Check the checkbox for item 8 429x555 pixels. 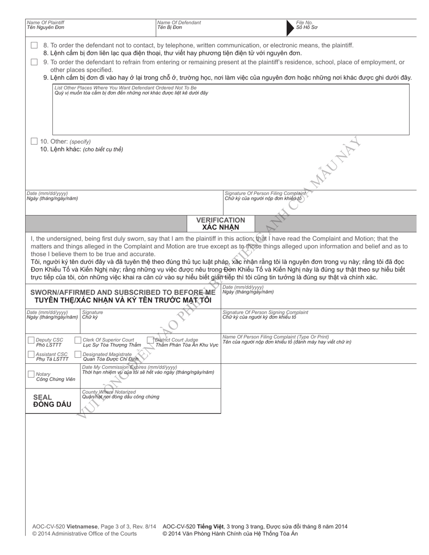[x=34, y=46]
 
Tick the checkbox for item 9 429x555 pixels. [x=34, y=62]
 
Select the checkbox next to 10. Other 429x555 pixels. [x=34, y=141]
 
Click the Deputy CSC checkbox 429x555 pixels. [x=31, y=340]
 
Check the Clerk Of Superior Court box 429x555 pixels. [x=78, y=340]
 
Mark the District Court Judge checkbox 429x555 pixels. [x=150, y=340]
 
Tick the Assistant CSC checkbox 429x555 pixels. [x=31, y=355]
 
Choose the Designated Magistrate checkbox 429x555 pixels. [x=78, y=355]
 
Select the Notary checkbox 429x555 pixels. [x=31, y=374]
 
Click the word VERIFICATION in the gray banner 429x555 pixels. [x=221, y=220]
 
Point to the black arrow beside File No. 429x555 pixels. [x=290, y=28]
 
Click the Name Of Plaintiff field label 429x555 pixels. [x=46, y=23]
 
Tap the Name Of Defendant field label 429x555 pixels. [x=179, y=23]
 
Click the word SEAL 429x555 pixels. [x=42, y=398]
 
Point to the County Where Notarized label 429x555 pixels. [x=109, y=392]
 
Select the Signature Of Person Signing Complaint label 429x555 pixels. [x=266, y=312]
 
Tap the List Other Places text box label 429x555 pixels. [x=126, y=88]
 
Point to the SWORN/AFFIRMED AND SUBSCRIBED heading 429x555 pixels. [x=123, y=292]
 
